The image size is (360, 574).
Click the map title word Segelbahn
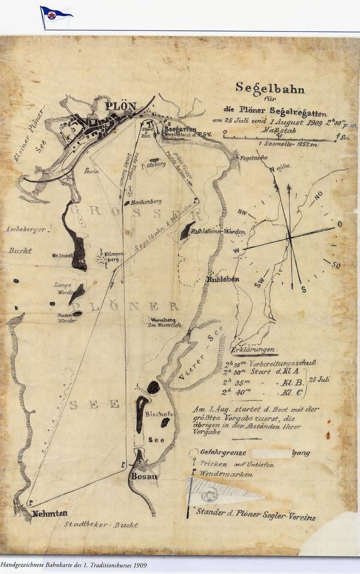pos(270,88)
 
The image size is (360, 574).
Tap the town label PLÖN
pos(121,106)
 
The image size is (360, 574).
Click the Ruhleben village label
pos(221,280)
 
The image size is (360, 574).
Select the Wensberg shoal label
pos(162,319)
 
